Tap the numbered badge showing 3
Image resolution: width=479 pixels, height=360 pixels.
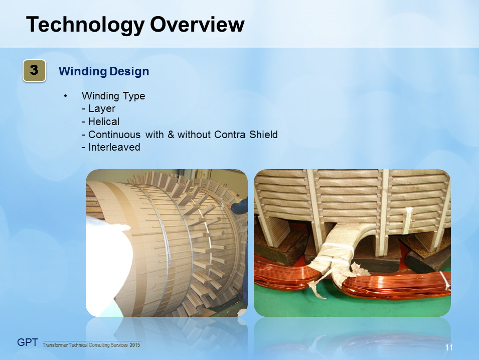[34, 71]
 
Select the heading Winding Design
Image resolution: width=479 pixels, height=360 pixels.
[104, 71]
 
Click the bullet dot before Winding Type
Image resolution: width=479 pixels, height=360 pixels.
[65, 96]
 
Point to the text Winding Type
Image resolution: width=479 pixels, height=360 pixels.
[113, 96]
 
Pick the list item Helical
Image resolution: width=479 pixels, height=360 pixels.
[103, 122]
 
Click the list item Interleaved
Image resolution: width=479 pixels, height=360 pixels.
[113, 148]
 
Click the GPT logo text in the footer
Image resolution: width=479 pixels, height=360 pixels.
[28, 343]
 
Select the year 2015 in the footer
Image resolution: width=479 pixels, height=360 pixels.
[135, 345]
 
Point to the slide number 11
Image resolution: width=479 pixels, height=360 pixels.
[449, 348]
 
